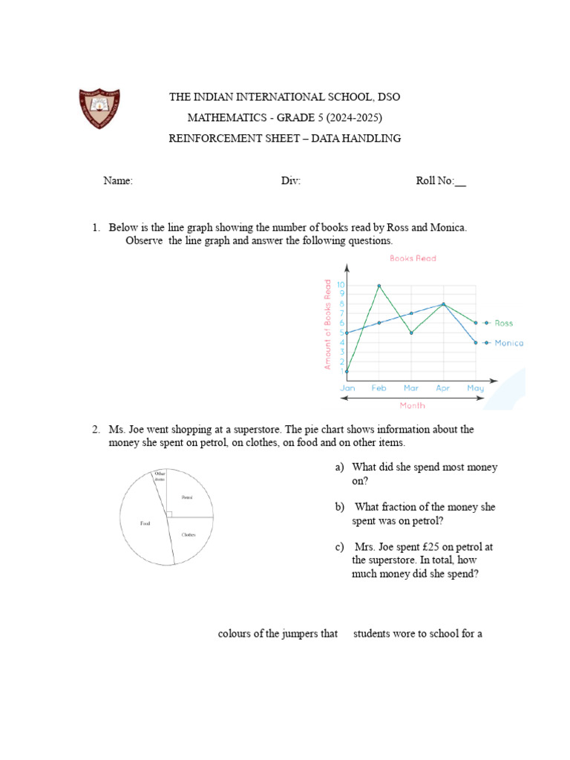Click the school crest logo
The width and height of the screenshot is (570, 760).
tap(99, 108)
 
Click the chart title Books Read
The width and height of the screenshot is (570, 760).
tap(413, 258)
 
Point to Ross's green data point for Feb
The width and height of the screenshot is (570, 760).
tap(379, 286)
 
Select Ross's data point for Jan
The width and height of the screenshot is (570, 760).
tap(347, 371)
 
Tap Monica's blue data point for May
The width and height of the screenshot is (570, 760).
tap(476, 342)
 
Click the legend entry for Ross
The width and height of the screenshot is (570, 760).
tap(502, 323)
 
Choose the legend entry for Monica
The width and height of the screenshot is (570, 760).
tap(508, 343)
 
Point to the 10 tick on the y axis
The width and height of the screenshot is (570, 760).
tap(340, 285)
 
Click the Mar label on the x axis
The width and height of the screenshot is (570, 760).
tap(410, 388)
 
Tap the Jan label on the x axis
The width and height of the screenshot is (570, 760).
tap(347, 388)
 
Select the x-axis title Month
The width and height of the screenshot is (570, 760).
tap(413, 406)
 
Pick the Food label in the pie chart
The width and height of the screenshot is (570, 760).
tap(145, 523)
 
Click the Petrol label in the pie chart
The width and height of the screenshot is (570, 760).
tap(187, 497)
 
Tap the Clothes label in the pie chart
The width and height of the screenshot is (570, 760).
tap(188, 534)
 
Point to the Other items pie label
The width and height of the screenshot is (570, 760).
tap(159, 476)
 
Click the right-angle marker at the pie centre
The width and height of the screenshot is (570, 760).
tap(169, 514)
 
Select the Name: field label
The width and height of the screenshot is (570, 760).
tap(118, 181)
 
